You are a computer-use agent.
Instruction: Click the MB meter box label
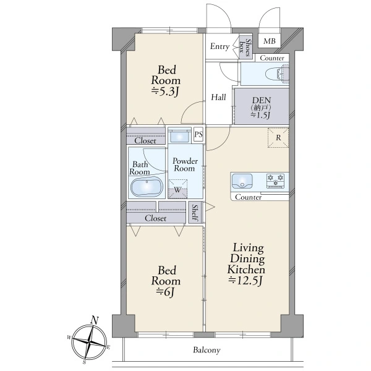pos(270,41)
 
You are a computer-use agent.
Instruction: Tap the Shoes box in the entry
pos(245,48)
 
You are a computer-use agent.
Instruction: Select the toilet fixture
pos(277,74)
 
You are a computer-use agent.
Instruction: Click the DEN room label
pos(261,100)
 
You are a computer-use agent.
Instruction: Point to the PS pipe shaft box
pos(198,135)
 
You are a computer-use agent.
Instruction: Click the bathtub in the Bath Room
pos(147,187)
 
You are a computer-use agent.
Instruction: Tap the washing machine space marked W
pos(177,189)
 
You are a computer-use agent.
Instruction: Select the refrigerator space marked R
pos(278,138)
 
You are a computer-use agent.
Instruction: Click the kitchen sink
pos(242,181)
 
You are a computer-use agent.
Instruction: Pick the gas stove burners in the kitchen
pos(275,181)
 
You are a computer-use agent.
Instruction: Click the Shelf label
pos(195,213)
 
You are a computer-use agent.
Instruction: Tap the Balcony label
pos(207,350)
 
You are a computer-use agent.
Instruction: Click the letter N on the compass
pos(95,320)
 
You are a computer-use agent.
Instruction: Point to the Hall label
pos(218,97)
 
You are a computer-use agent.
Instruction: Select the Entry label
pos(220,46)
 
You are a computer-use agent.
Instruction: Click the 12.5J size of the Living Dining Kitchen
pos(245,281)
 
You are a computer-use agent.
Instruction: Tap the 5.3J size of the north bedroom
pos(165,92)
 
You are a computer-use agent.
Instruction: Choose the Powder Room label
pos(185,164)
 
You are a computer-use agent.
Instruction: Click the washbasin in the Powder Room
pos(179,137)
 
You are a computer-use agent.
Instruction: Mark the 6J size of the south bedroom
pos(165,292)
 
